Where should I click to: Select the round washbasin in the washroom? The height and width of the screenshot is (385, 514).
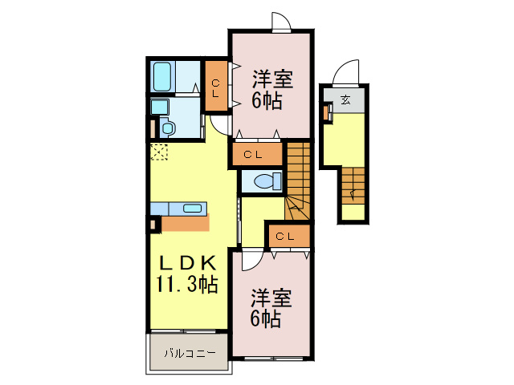coord(167,126)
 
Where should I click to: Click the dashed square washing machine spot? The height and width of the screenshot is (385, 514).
coord(158,152)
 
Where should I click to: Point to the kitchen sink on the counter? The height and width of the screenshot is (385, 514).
coord(193,209)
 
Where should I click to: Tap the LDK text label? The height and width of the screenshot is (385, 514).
coord(186,262)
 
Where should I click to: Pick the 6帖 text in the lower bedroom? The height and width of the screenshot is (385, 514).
coord(266,318)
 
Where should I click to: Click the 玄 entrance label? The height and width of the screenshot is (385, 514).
coord(345,99)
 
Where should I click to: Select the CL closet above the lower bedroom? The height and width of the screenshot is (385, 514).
coord(287,236)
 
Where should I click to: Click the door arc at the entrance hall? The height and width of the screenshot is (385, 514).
coord(347,72)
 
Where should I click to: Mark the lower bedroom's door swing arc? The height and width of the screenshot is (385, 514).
coord(251,259)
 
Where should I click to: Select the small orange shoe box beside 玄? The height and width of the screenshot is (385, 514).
coord(327,112)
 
